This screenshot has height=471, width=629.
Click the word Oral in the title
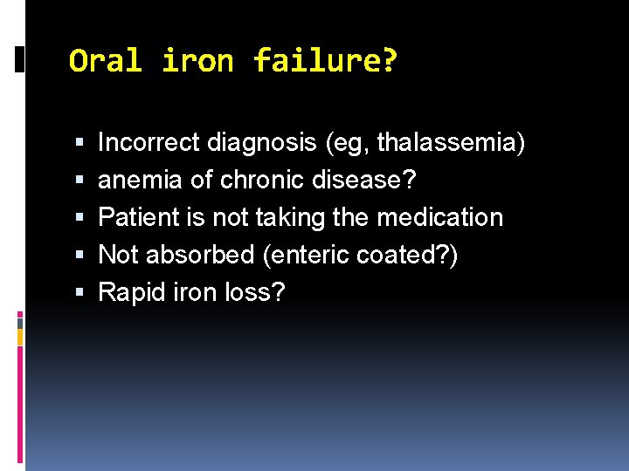106,61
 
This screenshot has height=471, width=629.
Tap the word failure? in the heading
325,61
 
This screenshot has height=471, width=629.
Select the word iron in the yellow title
197,61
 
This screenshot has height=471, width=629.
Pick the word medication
440,217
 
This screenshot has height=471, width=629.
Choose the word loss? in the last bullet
254,292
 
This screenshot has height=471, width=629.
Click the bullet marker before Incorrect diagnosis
80,143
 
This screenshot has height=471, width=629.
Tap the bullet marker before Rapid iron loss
80,293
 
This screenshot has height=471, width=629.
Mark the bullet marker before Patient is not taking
80,218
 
